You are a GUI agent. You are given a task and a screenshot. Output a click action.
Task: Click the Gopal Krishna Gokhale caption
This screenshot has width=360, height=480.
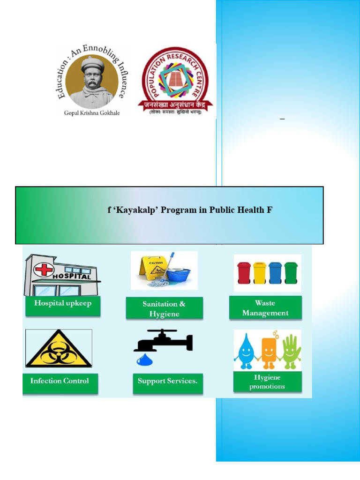(91, 113)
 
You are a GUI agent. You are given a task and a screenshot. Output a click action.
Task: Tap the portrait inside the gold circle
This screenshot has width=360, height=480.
(92, 81)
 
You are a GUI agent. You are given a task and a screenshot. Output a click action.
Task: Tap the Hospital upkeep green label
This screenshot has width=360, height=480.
(63, 303)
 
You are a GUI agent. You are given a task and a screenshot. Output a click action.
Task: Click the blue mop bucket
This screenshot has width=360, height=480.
(178, 274)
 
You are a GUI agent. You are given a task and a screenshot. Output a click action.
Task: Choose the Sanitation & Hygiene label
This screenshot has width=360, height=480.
(164, 309)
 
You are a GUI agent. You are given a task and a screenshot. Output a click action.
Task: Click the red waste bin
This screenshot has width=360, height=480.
(244, 272)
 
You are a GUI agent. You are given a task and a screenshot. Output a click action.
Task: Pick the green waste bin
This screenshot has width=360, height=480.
(291, 272)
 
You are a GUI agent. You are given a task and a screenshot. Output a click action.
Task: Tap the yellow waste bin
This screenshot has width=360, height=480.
(260, 272)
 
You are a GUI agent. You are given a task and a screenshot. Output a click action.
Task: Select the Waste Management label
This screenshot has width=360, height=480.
(265, 308)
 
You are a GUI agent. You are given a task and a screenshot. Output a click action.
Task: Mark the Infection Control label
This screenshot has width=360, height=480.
(60, 381)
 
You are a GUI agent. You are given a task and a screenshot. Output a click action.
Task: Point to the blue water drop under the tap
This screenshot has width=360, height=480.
(142, 360)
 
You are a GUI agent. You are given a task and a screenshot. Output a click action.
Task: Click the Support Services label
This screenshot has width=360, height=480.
(167, 381)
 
